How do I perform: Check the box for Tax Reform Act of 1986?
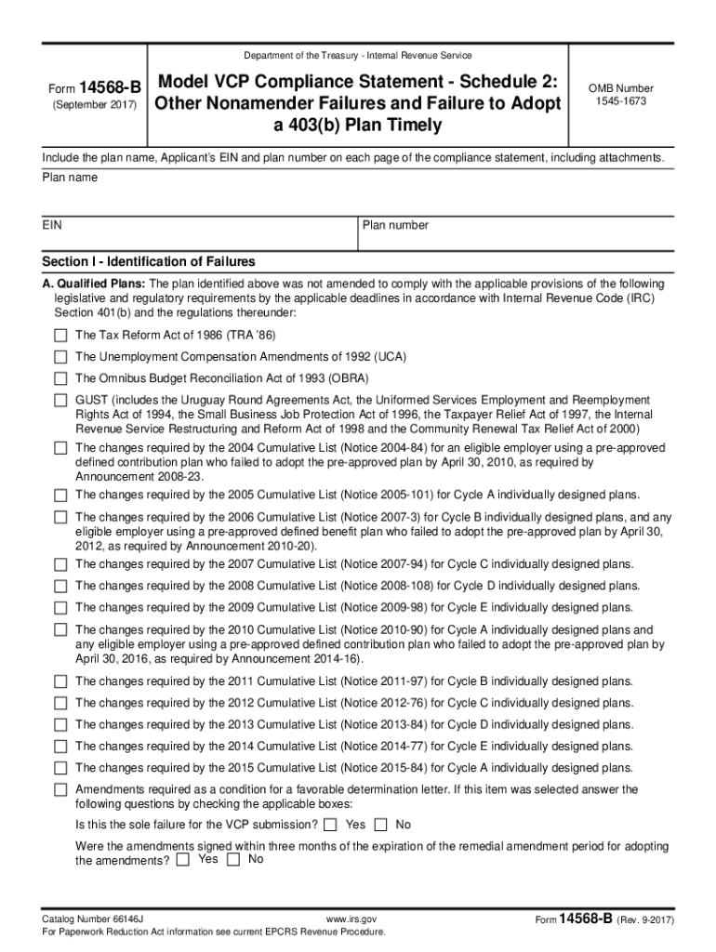pyautogui.click(x=60, y=335)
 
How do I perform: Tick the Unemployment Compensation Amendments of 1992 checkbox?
pyautogui.click(x=60, y=357)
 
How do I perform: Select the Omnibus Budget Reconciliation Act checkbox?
pyautogui.click(x=60, y=378)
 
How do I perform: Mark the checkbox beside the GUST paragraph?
pyautogui.click(x=60, y=400)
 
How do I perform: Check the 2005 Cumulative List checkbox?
pyautogui.click(x=60, y=495)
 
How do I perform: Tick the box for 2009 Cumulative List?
pyautogui.click(x=60, y=608)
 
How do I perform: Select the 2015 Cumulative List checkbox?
pyautogui.click(x=60, y=768)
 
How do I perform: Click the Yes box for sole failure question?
pyautogui.click(x=331, y=825)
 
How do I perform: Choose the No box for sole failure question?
pyautogui.click(x=381, y=825)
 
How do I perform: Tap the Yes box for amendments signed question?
pyautogui.click(x=183, y=860)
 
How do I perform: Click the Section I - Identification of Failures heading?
pyautogui.click(x=149, y=261)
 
